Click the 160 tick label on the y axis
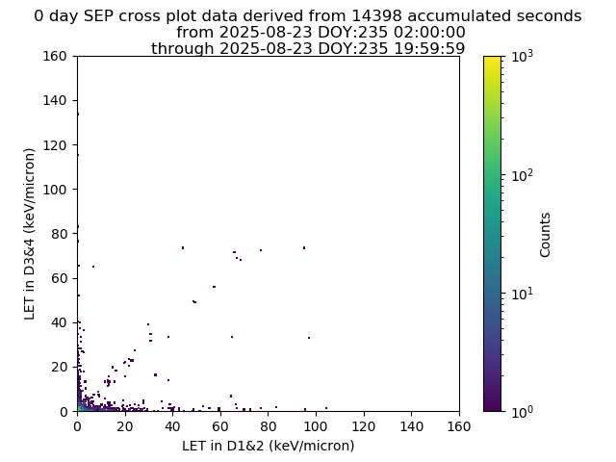click(55, 56)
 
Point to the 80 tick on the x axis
click(269, 414)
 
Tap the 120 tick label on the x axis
click(364, 426)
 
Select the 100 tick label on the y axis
click(55, 190)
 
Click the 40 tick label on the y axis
click(59, 322)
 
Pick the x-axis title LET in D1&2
click(269, 446)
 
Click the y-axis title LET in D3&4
click(30, 234)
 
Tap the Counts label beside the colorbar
click(545, 235)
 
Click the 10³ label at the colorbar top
click(523, 57)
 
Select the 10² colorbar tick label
click(523, 175)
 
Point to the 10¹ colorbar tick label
click(523, 294)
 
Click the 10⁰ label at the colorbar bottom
click(523, 412)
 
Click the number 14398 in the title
click(376, 16)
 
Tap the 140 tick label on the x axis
click(411, 426)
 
